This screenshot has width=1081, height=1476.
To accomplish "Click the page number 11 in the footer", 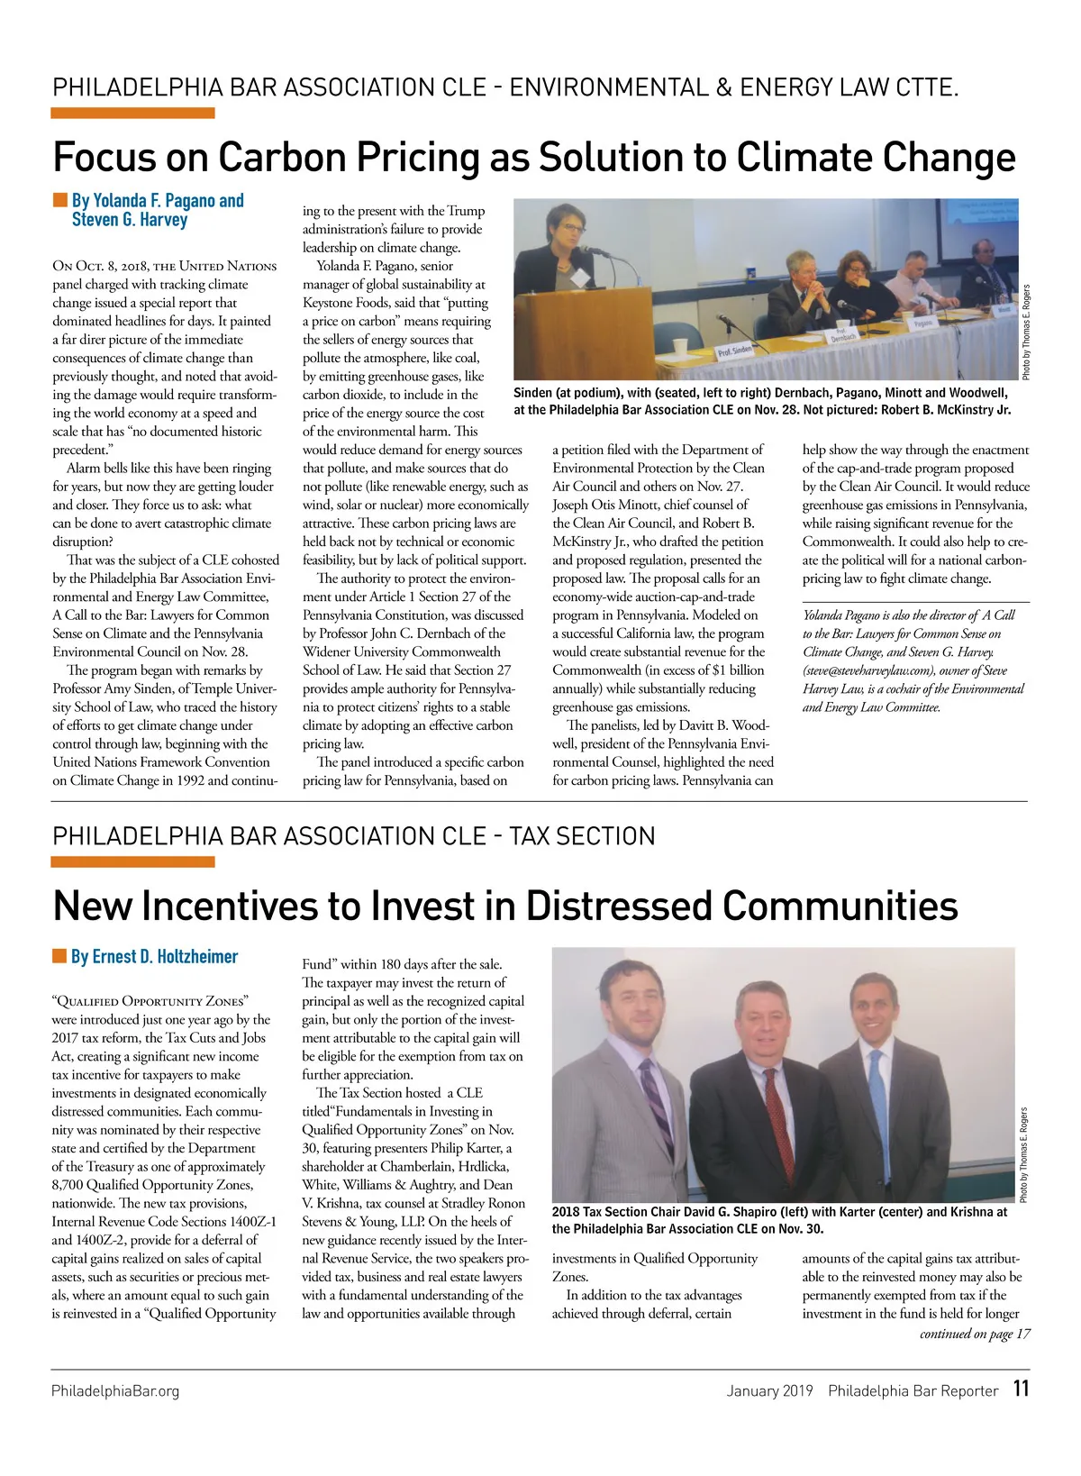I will click(x=1020, y=1389).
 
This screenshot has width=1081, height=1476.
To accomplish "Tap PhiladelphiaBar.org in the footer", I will click(x=115, y=1390).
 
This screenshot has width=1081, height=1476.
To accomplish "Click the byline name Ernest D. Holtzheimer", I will click(x=154, y=956).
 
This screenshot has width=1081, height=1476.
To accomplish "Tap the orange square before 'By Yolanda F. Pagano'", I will click(x=59, y=199).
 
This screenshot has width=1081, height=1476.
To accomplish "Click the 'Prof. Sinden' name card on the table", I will click(x=736, y=350).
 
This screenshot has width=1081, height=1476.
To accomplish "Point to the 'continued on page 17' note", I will click(x=975, y=1334).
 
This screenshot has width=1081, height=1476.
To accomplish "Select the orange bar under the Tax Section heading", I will click(x=133, y=862).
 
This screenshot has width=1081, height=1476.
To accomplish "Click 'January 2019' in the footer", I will click(x=769, y=1390).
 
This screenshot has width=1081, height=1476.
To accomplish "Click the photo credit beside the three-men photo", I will click(x=1024, y=1153).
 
